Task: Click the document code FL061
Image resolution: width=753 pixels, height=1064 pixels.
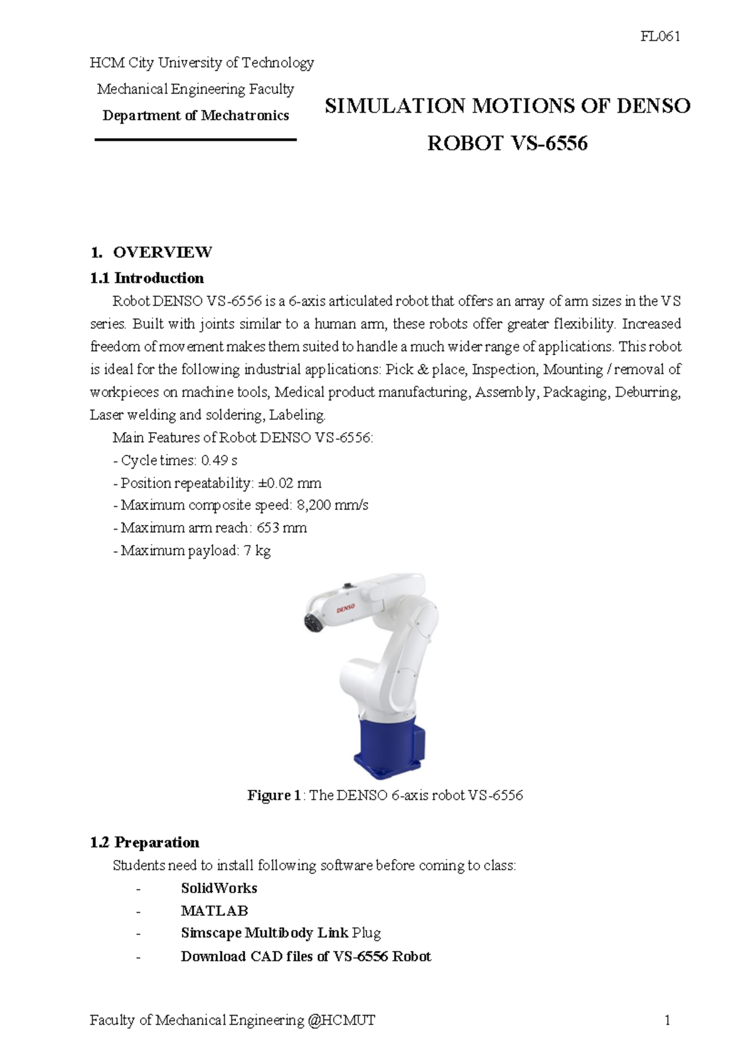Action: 660,36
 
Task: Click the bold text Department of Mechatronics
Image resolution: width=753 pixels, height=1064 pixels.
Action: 195,115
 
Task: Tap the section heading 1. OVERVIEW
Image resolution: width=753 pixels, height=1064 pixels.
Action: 151,252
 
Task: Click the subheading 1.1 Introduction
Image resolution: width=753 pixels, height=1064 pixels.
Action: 147,278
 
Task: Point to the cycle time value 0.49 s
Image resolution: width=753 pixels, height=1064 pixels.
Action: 219,460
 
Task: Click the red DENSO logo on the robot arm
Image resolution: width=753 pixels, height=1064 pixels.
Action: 346,608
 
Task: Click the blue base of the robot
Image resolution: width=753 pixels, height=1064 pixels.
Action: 386,747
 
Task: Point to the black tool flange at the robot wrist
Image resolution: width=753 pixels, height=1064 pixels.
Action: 311,622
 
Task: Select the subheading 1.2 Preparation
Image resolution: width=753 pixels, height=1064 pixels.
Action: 144,843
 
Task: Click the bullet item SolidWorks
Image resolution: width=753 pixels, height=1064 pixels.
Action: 219,888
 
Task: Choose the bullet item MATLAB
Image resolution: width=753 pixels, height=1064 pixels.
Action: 215,911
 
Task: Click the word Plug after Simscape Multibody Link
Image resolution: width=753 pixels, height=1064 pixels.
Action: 366,934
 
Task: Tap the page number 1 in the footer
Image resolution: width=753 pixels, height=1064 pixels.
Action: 667,1020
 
